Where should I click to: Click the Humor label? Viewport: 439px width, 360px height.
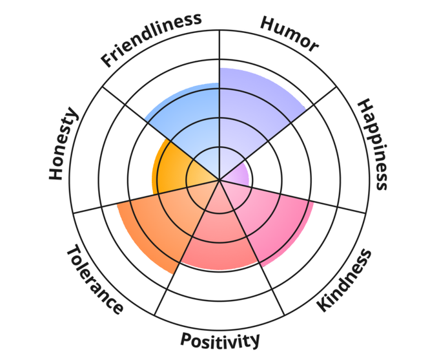[x=289, y=33]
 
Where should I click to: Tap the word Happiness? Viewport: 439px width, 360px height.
[x=374, y=144]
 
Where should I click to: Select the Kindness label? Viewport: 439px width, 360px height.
[x=346, y=281]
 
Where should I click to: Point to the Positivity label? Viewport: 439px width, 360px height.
[x=220, y=339]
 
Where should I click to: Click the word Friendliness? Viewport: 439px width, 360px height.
[x=151, y=38]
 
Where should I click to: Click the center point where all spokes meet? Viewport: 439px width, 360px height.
[x=219, y=179]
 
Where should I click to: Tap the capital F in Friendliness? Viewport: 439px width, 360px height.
[x=107, y=61]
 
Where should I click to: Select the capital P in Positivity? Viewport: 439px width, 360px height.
[x=185, y=340]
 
